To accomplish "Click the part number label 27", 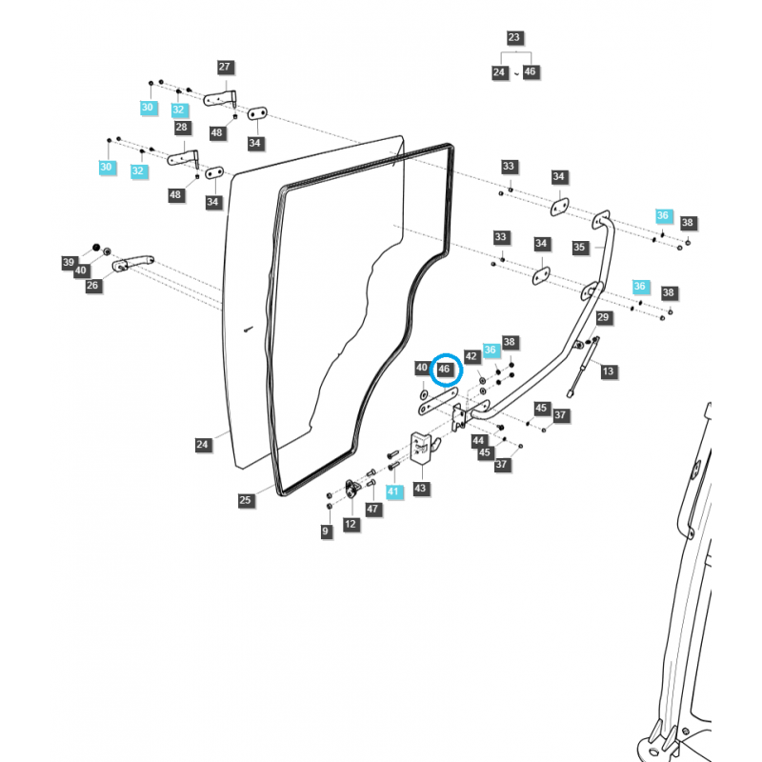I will click(x=225, y=68).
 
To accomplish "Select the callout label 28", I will click(x=181, y=128).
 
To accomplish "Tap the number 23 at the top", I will click(x=514, y=38).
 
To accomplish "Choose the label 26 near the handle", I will click(x=92, y=285).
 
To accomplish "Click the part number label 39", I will click(x=69, y=262).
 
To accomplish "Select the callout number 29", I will click(x=602, y=317).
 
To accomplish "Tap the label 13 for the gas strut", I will click(x=609, y=371).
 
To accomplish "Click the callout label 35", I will click(x=579, y=247).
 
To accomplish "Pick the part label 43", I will click(x=421, y=488).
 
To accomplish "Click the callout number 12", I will click(x=351, y=524).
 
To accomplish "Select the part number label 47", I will click(x=373, y=510).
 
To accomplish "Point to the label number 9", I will click(x=327, y=531).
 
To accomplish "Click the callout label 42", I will click(x=471, y=355).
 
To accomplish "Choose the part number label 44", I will click(x=478, y=440).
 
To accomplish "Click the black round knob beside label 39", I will click(x=95, y=248).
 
